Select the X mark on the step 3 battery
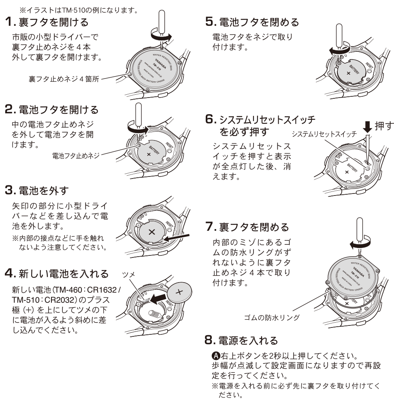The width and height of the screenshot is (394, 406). coord(152,232)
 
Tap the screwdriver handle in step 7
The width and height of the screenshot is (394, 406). coord(359,230)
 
